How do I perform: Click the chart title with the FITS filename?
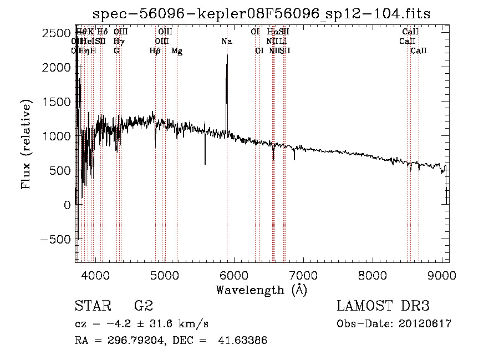point(261,14)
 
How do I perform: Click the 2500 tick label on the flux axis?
point(57,33)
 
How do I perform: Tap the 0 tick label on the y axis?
point(67,205)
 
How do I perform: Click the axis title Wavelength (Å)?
point(261,290)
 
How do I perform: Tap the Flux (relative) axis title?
point(26,144)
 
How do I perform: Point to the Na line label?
point(226,41)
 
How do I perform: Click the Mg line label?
point(177,51)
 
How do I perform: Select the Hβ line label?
point(155,51)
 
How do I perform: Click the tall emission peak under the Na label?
point(227,58)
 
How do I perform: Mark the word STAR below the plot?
point(93,306)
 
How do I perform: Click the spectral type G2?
point(143,306)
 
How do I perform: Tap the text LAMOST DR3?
point(383,306)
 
